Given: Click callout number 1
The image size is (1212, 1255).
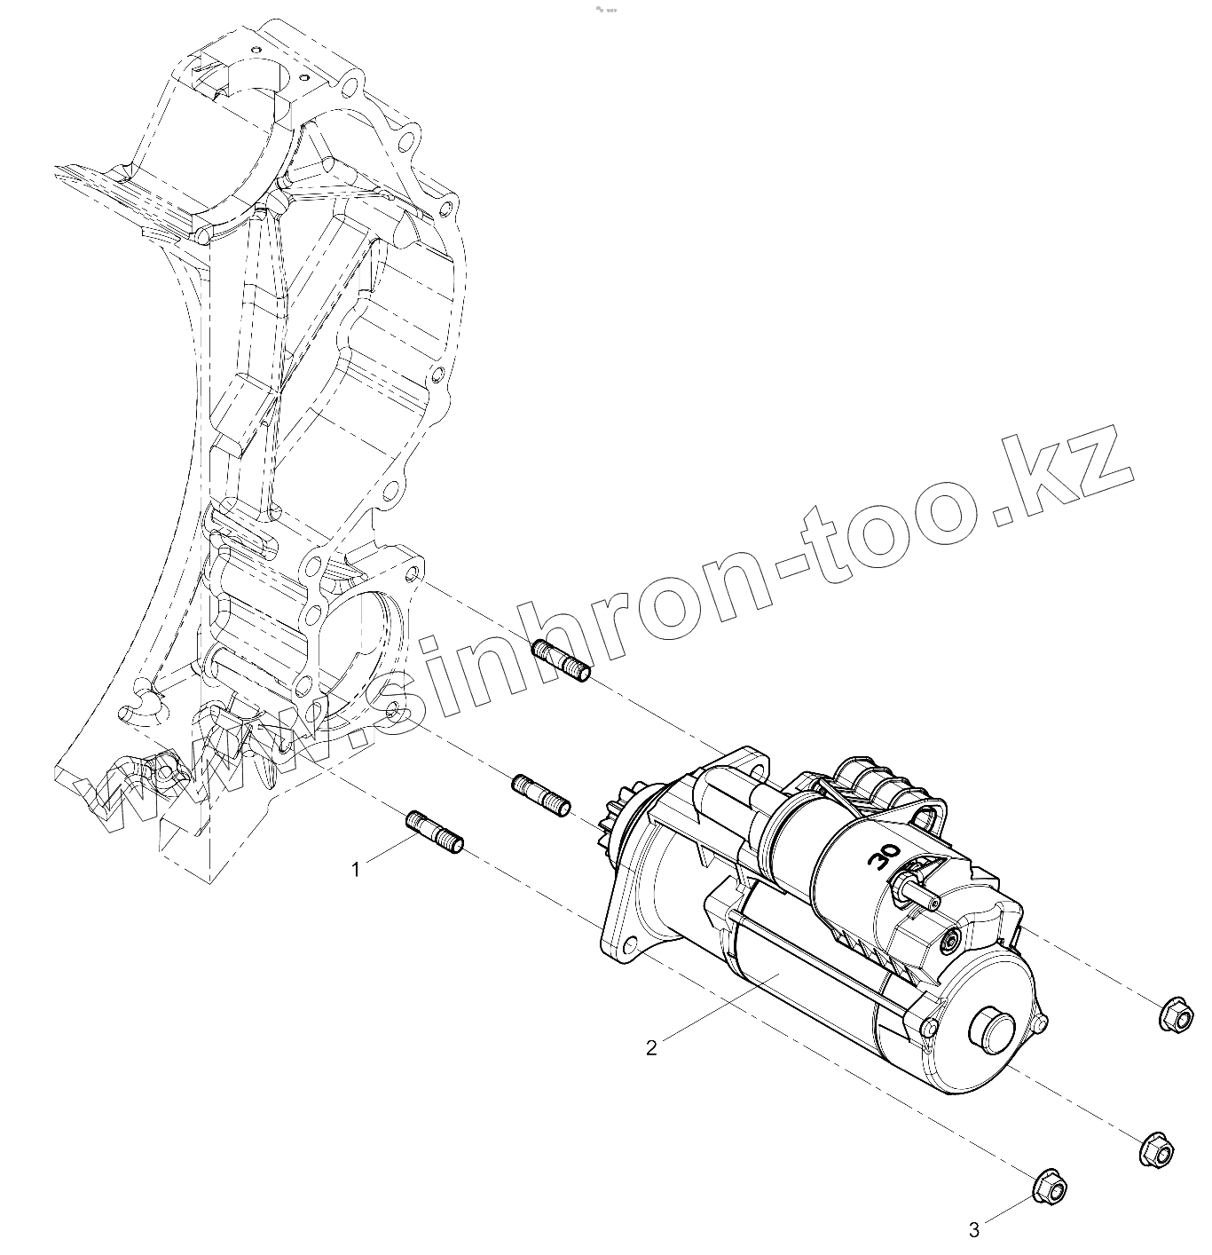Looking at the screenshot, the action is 357,870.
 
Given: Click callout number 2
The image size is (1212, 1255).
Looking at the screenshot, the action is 652,1048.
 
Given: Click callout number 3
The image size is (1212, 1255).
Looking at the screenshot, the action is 974,1230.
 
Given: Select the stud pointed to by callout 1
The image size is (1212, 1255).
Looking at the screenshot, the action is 436,833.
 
